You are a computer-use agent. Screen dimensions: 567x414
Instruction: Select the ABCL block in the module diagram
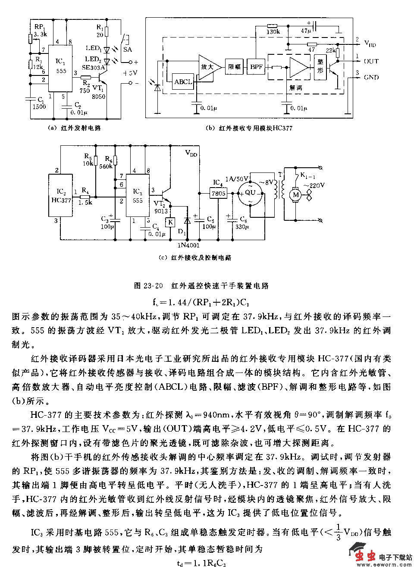coord(183,81)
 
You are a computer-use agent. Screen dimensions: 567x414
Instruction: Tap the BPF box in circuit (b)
coord(256,67)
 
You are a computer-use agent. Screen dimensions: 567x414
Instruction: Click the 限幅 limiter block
coord(234,67)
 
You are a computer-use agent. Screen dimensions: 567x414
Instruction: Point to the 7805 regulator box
coord(218,193)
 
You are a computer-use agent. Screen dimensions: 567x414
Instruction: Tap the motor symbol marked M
coord(296,195)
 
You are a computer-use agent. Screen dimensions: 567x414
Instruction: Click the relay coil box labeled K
coord(170,222)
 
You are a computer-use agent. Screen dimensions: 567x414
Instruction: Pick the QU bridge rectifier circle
coord(251,193)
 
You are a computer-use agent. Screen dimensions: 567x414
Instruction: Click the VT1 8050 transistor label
coord(98,92)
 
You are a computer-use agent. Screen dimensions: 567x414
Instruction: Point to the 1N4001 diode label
coord(188,245)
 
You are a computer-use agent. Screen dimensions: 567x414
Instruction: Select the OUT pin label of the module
coord(371,61)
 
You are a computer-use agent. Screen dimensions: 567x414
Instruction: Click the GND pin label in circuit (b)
coord(371,78)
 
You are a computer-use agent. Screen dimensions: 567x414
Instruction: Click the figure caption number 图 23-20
coord(148,285)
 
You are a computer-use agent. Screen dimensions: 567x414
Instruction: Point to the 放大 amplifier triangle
coord(208,67)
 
